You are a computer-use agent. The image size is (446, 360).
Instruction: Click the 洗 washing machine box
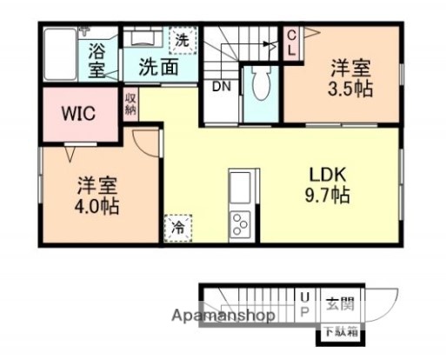coord(182,39)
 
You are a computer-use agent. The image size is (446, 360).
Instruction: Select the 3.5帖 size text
coord(350,89)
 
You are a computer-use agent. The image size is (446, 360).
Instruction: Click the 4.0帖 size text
coord(96,207)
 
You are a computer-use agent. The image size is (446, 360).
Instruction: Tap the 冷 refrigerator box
coord(177,227)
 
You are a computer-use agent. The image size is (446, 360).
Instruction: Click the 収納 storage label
coord(130,103)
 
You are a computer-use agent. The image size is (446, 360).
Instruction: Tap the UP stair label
coord(304,304)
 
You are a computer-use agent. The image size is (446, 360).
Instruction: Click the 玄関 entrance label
coord(340,304)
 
